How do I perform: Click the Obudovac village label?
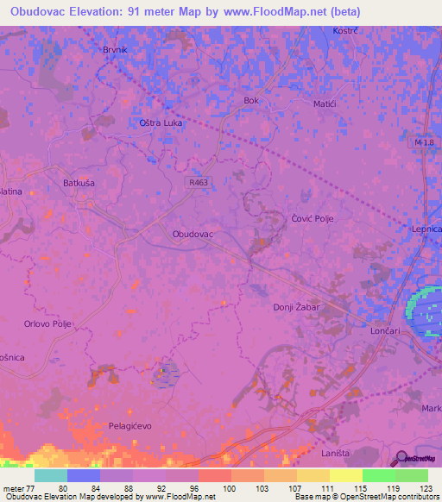pos(193,234)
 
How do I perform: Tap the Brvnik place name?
pos(115,50)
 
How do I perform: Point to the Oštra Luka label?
pos(159,122)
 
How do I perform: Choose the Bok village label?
pos(251,101)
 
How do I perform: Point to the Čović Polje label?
pos(312,219)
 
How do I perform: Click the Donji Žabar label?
pos(295,306)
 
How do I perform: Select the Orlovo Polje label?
pos(47,324)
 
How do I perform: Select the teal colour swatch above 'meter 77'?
pos(51,475)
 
